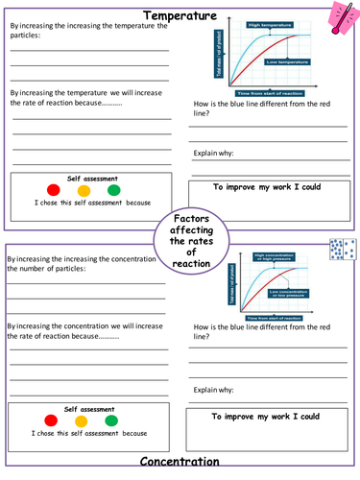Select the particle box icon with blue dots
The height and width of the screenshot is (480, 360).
[344, 252]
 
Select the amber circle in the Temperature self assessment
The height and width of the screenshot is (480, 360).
[84, 190]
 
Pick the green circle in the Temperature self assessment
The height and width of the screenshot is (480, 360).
[113, 190]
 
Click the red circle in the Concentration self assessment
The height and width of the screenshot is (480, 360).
[51, 420]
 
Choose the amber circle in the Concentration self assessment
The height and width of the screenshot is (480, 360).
[82, 420]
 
